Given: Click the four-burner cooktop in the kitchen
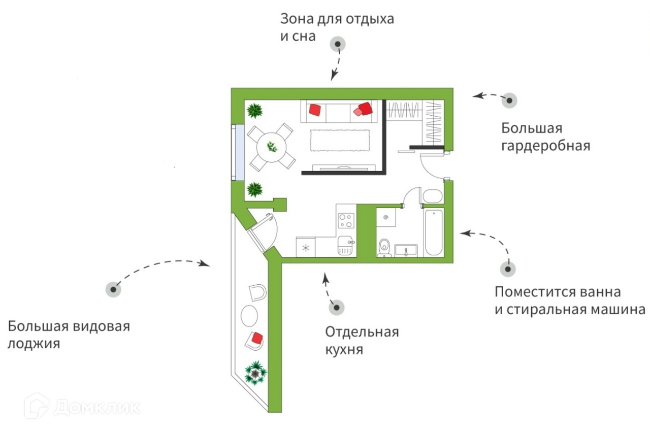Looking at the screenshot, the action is pyautogui.click(x=346, y=220).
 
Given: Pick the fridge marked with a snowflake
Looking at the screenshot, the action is pyautogui.click(x=306, y=248).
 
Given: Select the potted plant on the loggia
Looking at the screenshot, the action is pyautogui.click(x=255, y=373).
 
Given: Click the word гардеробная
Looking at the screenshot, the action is pyautogui.click(x=546, y=146).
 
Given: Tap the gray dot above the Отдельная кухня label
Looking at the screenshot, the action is pyautogui.click(x=336, y=307).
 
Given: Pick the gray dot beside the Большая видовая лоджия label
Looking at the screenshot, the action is pyautogui.click(x=113, y=289).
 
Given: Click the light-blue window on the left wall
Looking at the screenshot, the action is pyautogui.click(x=237, y=153).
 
